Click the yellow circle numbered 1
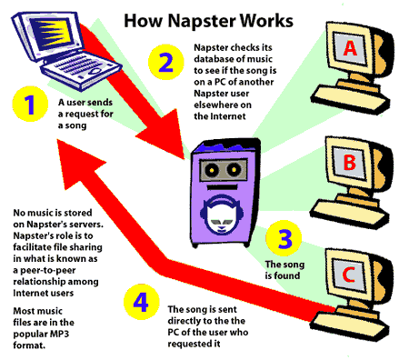(x=30, y=105)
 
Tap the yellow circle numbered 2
(x=166, y=62)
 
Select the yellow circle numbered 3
(x=284, y=238)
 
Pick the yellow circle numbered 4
(x=142, y=302)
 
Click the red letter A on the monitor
(x=350, y=48)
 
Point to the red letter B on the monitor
(x=349, y=162)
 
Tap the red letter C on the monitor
(x=348, y=275)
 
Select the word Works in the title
(x=266, y=21)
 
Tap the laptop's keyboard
(x=81, y=69)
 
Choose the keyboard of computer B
(x=349, y=213)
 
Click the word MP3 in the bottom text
(x=58, y=334)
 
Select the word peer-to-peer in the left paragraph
(x=47, y=270)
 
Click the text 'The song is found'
(x=284, y=270)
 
